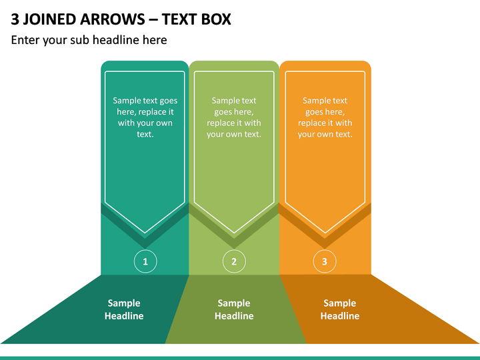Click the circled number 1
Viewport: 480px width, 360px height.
point(145,261)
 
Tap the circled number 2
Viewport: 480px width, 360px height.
point(234,261)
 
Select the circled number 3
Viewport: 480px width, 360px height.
point(325,261)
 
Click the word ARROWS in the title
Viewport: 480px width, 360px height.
point(113,19)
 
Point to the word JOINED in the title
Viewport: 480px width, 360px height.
point(49,19)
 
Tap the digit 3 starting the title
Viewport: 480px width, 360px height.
point(15,19)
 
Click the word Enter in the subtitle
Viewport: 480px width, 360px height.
point(25,40)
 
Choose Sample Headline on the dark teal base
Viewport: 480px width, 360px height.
point(124,309)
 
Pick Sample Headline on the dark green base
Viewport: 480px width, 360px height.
point(234,309)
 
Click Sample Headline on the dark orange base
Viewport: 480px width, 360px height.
point(340,309)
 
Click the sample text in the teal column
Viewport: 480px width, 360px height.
point(145,117)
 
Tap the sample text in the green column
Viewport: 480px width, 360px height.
point(234,117)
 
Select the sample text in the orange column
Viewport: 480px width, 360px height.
point(325,117)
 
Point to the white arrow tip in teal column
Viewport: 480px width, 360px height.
point(145,233)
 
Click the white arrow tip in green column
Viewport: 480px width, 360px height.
point(234,233)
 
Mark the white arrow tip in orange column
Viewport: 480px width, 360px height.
point(325,233)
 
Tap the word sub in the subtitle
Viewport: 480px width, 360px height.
point(79,40)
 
